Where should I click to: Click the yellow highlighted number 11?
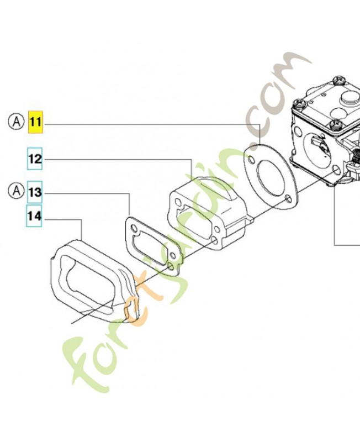point(35,122)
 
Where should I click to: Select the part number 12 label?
point(35,159)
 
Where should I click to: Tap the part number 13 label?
point(35,192)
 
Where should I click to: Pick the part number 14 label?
point(34,216)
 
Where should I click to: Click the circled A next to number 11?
point(17,122)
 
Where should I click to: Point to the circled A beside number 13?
point(17,191)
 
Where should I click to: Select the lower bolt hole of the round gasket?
point(288,199)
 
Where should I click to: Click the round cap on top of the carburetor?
point(350,98)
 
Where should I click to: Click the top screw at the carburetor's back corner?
point(339,80)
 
